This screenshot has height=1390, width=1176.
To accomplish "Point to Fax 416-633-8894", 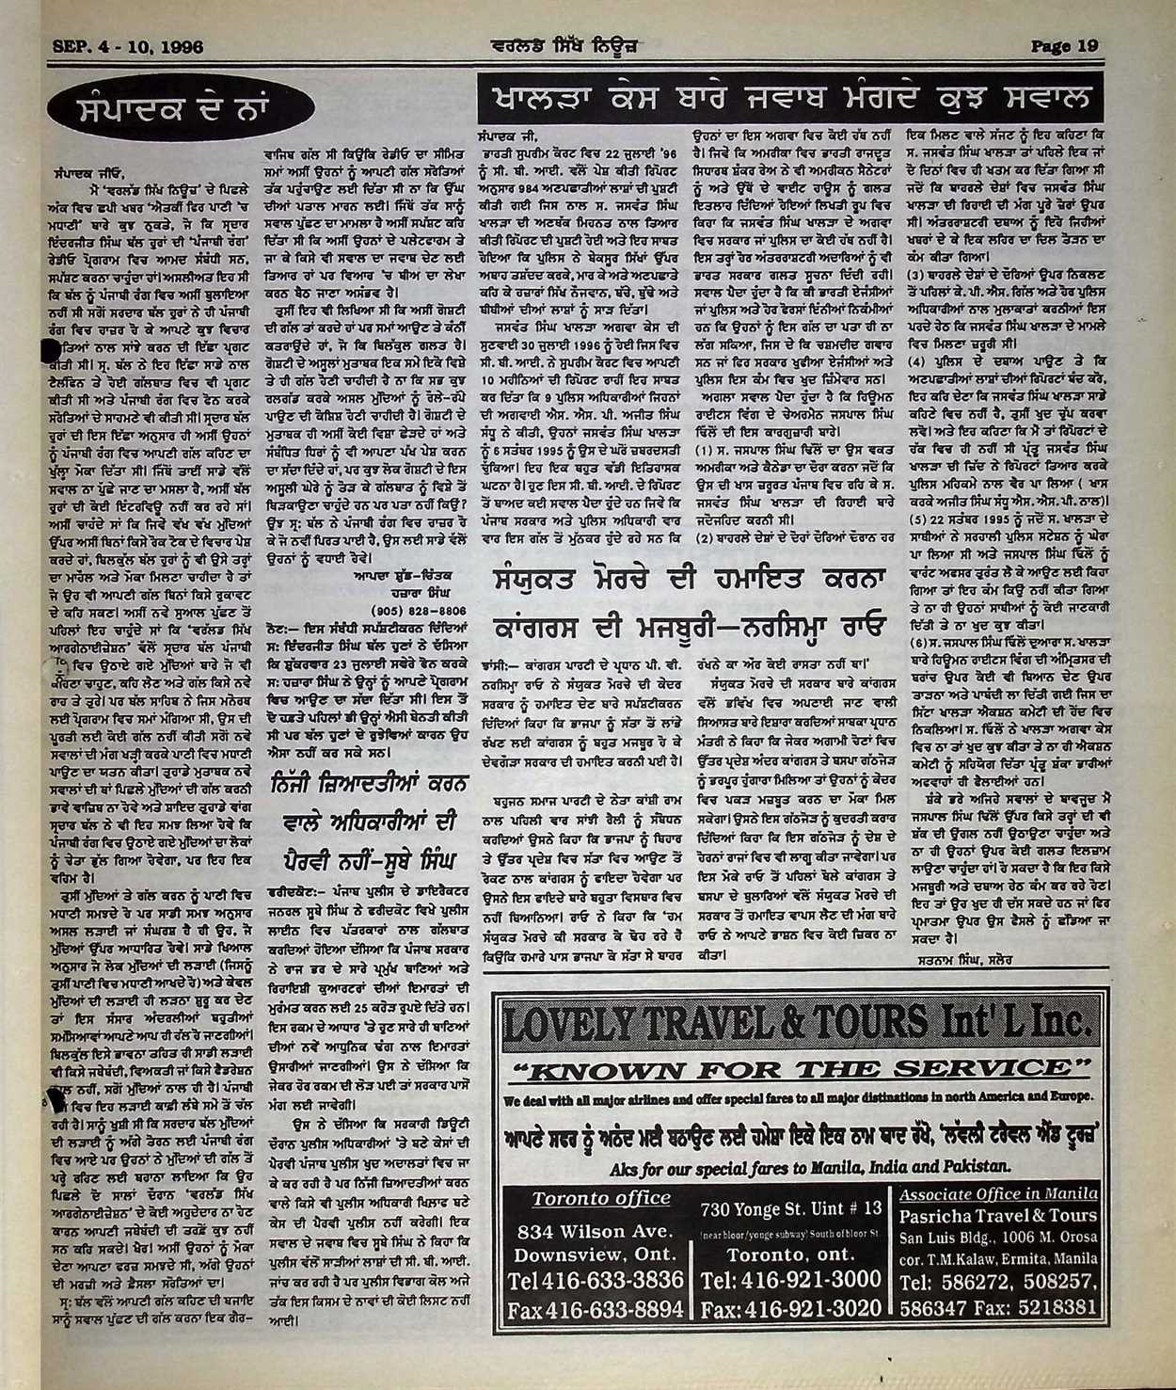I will pos(594,1310).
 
